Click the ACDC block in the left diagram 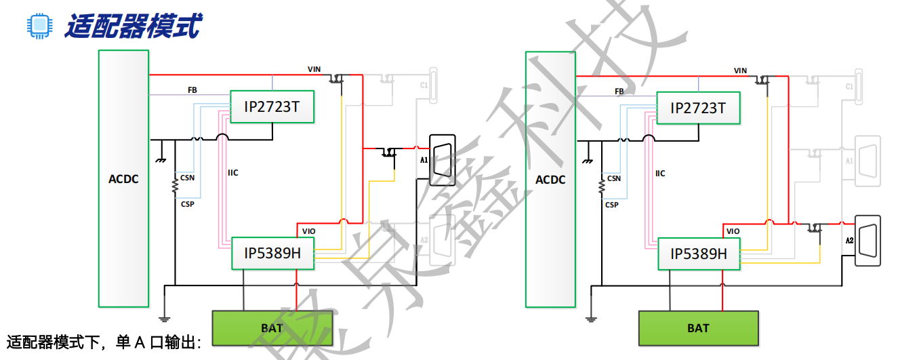[123, 178]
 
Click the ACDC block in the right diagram [550, 179]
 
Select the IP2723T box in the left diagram [272, 107]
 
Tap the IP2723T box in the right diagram [698, 108]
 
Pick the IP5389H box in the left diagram [272, 253]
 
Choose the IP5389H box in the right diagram [699, 254]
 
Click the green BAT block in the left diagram [272, 328]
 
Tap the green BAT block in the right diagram [698, 328]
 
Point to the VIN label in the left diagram [314, 69]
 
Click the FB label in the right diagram [619, 91]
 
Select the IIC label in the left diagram [233, 173]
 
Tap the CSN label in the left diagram [188, 178]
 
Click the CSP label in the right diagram [612, 205]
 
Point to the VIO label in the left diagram [308, 231]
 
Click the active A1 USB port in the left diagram [443, 160]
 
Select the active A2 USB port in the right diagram [868, 240]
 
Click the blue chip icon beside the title [39, 25]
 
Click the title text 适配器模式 [133, 26]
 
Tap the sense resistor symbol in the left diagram [175, 184]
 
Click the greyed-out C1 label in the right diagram [849, 86]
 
